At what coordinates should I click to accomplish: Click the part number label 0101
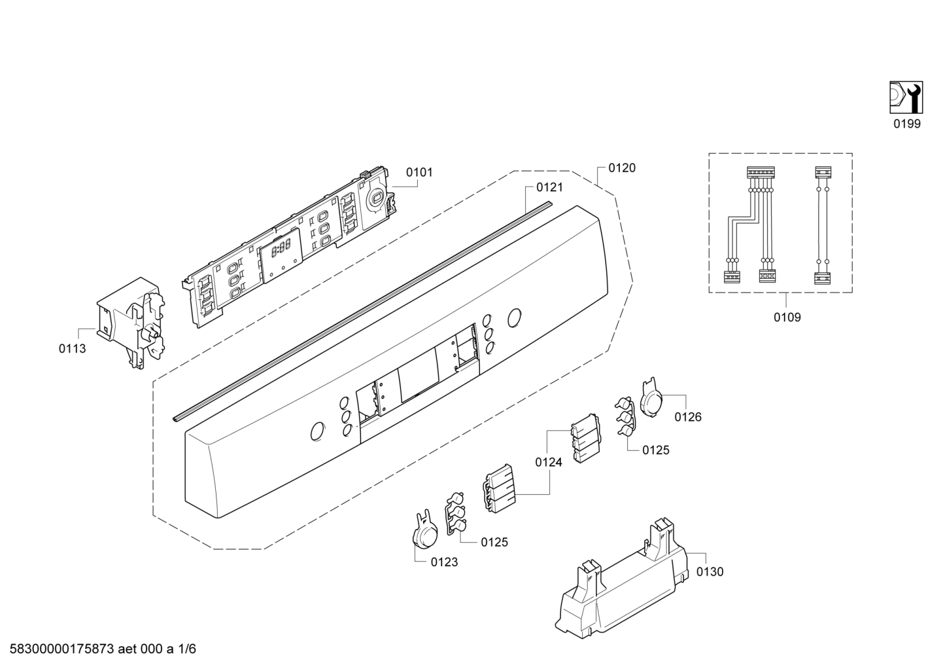(x=419, y=172)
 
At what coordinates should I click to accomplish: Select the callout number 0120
(x=622, y=168)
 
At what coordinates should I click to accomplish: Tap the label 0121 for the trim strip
(x=549, y=187)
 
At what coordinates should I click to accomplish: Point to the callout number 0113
(x=72, y=348)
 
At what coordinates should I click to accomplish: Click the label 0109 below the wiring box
(x=787, y=317)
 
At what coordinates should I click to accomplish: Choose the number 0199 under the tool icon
(x=907, y=124)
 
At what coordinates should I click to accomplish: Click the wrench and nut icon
(x=906, y=98)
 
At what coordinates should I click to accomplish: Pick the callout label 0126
(x=688, y=417)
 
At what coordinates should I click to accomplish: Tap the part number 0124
(x=549, y=462)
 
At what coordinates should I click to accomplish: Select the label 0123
(x=444, y=562)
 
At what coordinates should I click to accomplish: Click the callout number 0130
(x=710, y=572)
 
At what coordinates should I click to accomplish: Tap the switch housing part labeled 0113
(x=131, y=322)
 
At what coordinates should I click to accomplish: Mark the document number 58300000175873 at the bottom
(x=61, y=649)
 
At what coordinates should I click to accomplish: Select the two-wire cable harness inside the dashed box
(x=823, y=225)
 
